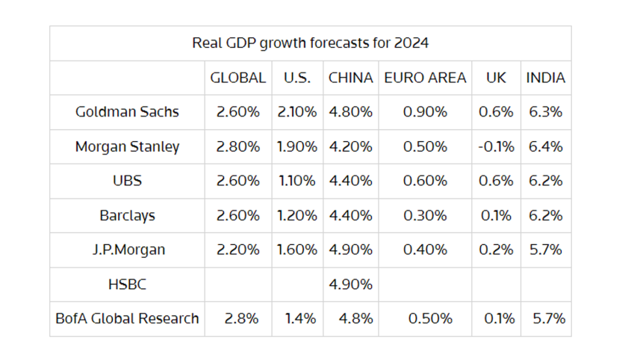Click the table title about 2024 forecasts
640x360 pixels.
pos(310,43)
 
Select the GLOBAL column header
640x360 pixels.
pos(237,78)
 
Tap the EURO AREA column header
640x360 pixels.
pos(424,78)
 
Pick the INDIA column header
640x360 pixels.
pos(545,78)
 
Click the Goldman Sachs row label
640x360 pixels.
pos(127,112)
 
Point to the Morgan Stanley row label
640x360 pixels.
pos(127,146)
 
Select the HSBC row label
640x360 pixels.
pos(127,284)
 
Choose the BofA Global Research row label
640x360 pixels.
pos(127,318)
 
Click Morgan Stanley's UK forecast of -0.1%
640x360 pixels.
pos(496,146)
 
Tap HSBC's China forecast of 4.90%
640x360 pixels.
pos(350,284)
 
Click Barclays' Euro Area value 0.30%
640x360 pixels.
pos(424,215)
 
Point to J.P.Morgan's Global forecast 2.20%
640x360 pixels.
pos(237,249)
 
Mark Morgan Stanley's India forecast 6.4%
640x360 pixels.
pos(545,146)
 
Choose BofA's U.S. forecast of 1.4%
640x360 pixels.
pos(300,318)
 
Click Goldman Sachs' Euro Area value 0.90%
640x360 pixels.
pos(424,112)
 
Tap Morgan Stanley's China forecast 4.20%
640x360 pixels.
pos(350,146)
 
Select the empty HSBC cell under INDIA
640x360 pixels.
pos(545,284)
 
